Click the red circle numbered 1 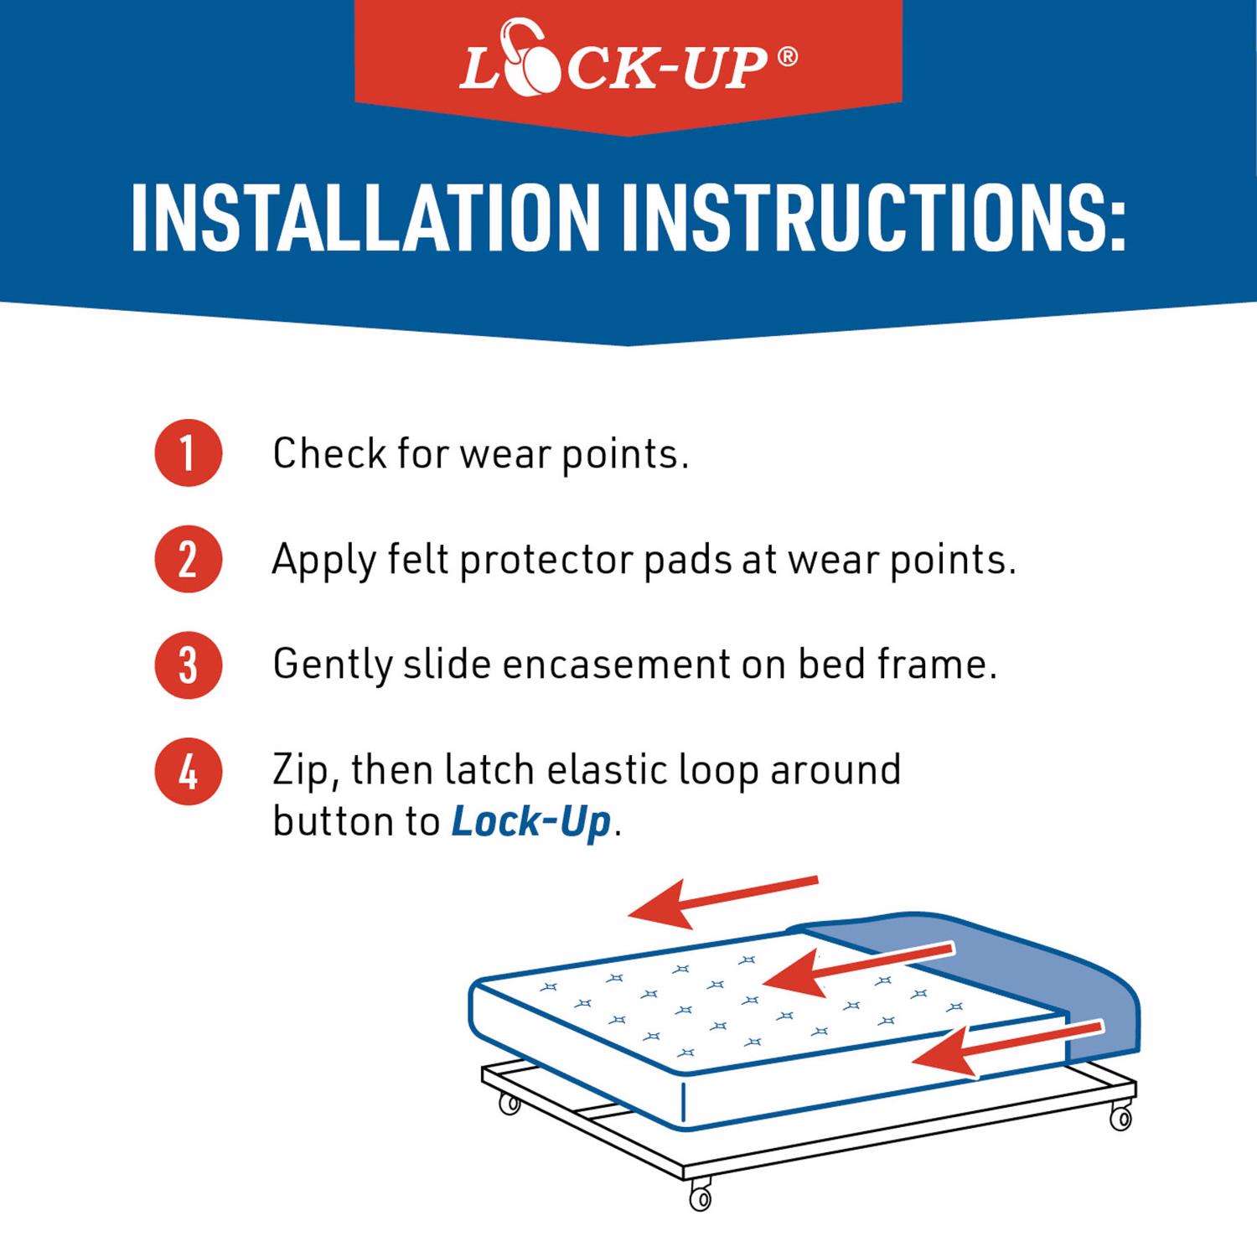click(188, 453)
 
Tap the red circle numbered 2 click(188, 559)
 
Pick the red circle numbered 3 click(188, 665)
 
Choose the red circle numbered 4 click(188, 771)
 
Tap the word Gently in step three click(333, 667)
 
